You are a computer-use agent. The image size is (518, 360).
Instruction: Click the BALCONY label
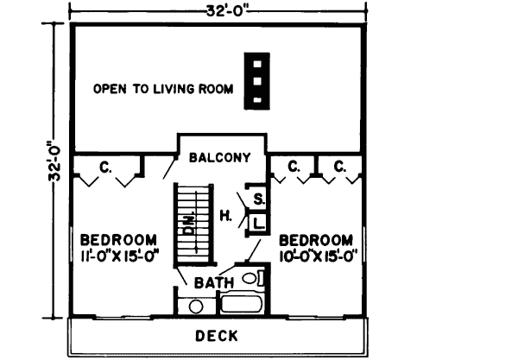point(222,158)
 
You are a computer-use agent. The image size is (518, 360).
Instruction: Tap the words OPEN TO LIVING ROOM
point(163,89)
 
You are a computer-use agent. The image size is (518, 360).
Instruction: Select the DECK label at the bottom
point(217,336)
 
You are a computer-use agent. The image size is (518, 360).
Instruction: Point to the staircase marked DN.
point(192,224)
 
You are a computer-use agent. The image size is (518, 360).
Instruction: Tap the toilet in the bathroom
point(250,279)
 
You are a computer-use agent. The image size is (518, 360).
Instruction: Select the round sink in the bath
point(196,306)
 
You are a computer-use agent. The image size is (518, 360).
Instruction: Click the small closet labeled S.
point(258,200)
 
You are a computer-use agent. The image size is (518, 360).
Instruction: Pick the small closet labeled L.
point(258,224)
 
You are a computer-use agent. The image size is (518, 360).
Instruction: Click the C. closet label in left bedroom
point(105,167)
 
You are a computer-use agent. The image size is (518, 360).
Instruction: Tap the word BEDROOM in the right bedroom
point(316,239)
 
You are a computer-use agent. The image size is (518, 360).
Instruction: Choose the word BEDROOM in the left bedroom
point(118,239)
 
